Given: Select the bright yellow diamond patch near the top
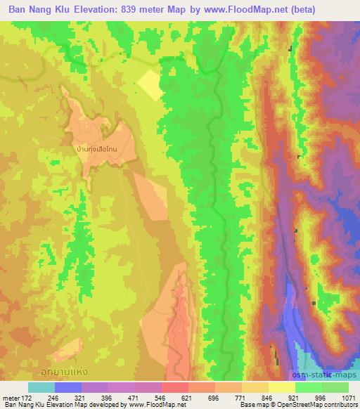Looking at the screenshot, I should point(149,85).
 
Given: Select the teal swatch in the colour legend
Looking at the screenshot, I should point(41,387).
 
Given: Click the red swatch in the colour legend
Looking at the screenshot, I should point(174,387).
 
